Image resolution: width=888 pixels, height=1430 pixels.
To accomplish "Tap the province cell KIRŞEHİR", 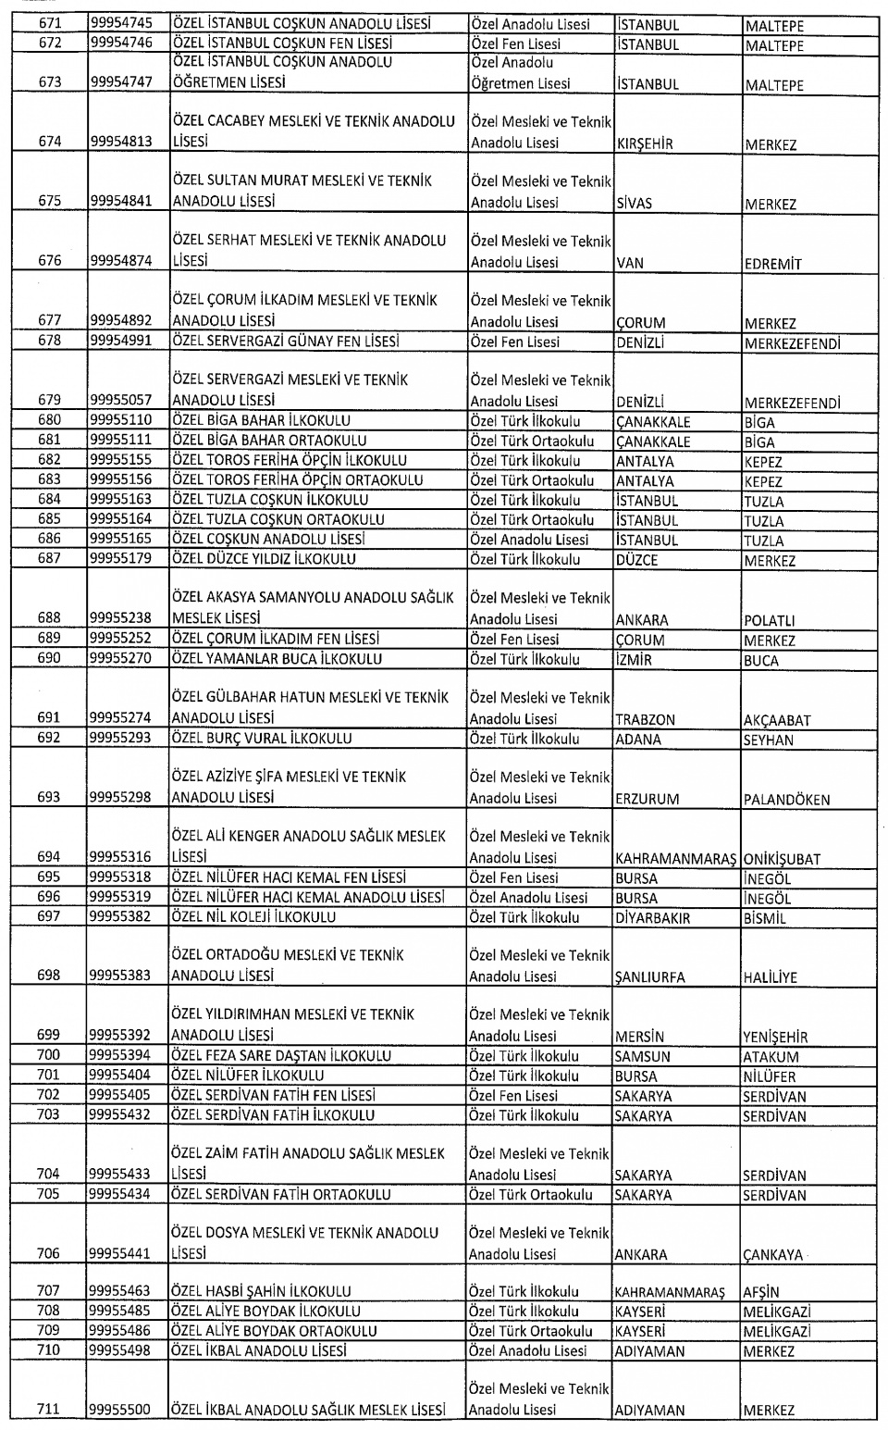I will coord(644,144).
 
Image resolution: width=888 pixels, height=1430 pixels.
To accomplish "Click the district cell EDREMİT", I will coord(772,264).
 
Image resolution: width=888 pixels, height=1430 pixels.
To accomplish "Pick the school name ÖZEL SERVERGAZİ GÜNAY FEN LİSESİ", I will coord(286,342).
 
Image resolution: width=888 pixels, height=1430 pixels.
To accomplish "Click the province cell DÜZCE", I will coord(636,560).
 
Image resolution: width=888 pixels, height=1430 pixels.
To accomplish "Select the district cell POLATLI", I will coord(769,620).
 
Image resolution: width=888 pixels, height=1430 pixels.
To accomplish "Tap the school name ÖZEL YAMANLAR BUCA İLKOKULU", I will coord(277,659).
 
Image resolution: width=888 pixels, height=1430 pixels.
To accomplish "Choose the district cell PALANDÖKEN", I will coord(786,800).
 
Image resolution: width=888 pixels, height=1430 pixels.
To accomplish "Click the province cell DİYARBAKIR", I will coord(652,918).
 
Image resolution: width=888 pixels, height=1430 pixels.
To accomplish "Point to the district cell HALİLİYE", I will coord(770,977).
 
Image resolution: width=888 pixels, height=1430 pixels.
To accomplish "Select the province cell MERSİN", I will coord(639,1037).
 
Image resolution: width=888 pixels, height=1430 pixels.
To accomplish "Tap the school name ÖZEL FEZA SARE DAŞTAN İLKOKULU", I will coord(281,1055).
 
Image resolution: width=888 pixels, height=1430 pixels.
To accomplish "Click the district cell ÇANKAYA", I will coord(773,1255).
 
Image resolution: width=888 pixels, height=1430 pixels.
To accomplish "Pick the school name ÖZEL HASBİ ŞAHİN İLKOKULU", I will coord(262,1291).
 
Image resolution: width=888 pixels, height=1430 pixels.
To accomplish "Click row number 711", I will coord(49,1410).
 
